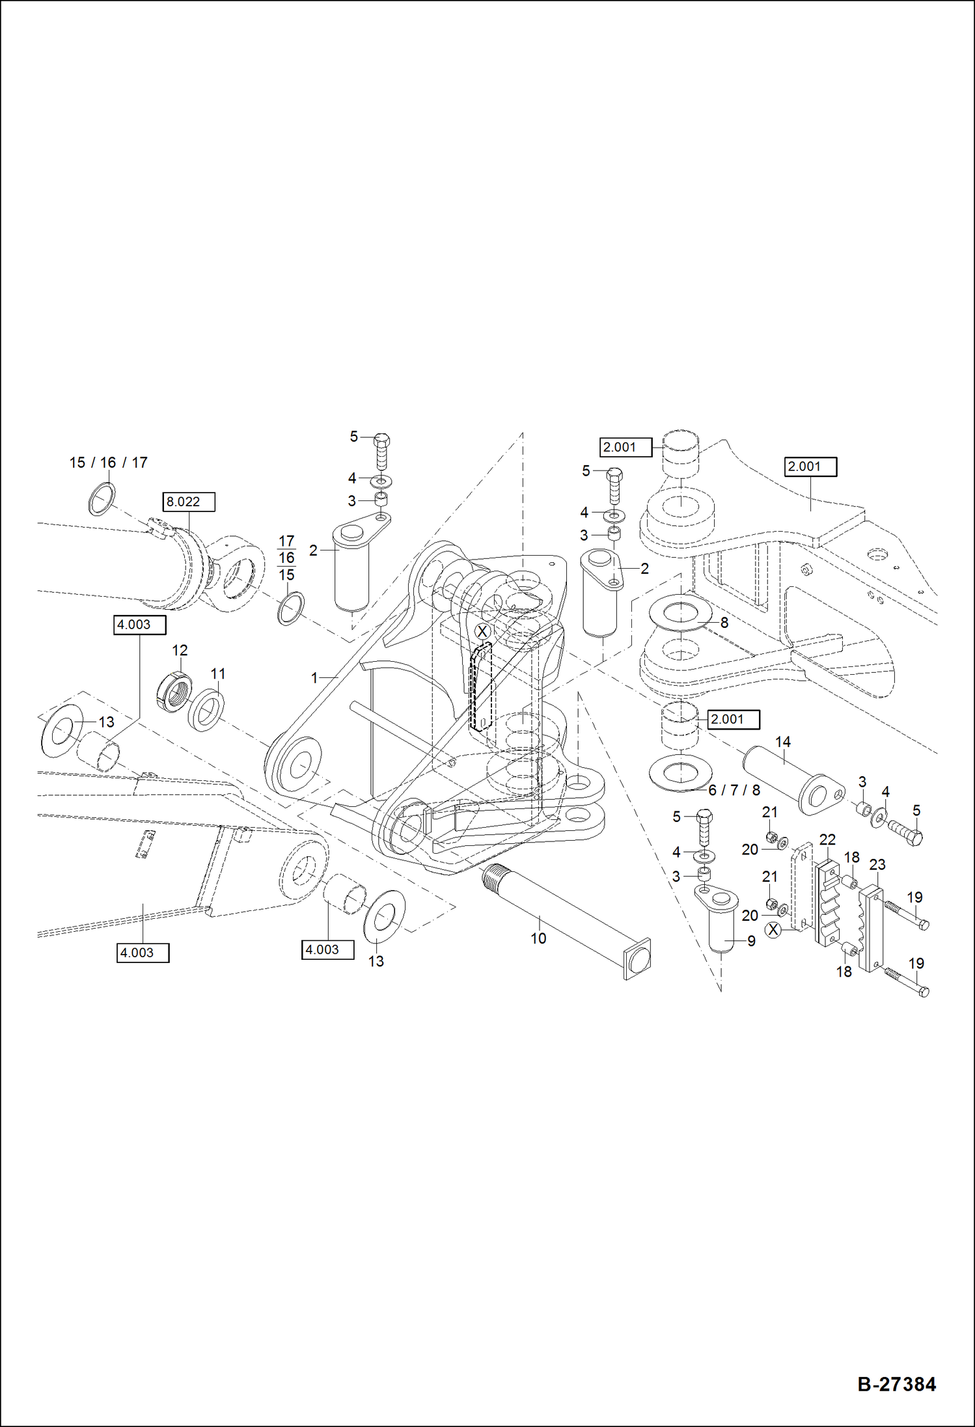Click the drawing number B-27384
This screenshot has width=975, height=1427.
(896, 1383)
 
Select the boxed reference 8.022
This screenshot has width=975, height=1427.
(189, 502)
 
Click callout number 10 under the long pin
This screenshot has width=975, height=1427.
(538, 938)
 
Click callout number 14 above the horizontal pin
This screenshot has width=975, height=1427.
(782, 742)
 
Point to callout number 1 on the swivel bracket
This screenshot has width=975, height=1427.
(314, 678)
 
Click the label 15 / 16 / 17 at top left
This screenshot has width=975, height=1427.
(109, 463)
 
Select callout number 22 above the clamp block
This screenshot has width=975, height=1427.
(827, 839)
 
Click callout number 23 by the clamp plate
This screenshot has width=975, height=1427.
(877, 865)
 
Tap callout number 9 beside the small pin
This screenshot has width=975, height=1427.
(751, 941)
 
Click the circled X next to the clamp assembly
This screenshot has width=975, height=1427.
(773, 930)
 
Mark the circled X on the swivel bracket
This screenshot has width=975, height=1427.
(482, 631)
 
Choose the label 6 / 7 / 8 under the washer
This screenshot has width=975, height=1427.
(734, 790)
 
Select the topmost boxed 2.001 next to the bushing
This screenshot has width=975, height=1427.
(625, 447)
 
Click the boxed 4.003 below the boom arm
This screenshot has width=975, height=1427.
(143, 953)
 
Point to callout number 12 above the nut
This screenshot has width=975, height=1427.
(180, 650)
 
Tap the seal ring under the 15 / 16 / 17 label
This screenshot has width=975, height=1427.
(102, 499)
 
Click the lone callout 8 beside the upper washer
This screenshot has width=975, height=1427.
(724, 623)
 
